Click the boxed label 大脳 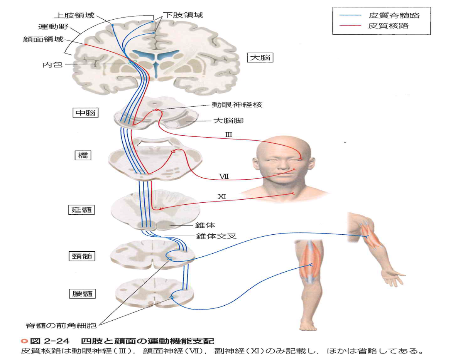click(x=260, y=57)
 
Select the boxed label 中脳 click(x=86, y=113)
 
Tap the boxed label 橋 click(x=83, y=155)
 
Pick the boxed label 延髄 click(x=82, y=210)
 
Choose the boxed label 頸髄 click(x=82, y=256)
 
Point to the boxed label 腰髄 click(x=82, y=294)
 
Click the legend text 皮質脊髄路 click(x=394, y=15)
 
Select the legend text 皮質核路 click(x=389, y=26)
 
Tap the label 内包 click(x=52, y=64)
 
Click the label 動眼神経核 click(x=237, y=104)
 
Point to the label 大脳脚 click(x=228, y=121)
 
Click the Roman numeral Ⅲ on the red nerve click(x=229, y=135)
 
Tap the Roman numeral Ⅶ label click(x=224, y=176)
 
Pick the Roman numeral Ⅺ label click(x=222, y=197)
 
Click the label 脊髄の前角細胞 click(x=61, y=326)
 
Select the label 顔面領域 click(x=43, y=39)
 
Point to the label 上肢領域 click(x=74, y=15)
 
